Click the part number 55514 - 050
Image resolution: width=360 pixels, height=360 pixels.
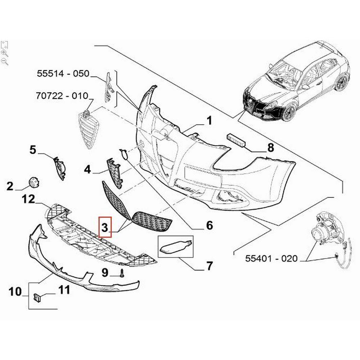[x=63, y=73]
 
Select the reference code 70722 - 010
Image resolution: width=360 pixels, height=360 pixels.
[x=62, y=95]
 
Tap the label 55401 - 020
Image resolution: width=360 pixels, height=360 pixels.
[x=271, y=258]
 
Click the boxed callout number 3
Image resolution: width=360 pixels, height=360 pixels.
[x=105, y=227]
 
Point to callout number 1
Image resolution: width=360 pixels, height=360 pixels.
[x=209, y=121]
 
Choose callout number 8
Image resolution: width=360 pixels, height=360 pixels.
[x=271, y=147]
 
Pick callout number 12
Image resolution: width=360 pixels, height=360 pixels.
[x=29, y=199]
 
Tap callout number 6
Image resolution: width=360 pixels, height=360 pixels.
[x=210, y=225]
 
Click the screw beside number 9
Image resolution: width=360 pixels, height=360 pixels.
[x=122, y=273]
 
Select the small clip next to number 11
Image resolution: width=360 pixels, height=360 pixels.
[x=37, y=298]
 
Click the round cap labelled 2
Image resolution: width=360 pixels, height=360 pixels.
[x=34, y=182]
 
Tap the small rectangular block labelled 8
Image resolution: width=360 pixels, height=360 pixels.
[x=237, y=140]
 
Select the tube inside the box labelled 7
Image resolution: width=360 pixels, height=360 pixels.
[x=175, y=247]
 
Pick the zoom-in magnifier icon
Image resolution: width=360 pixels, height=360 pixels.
[x=5, y=53]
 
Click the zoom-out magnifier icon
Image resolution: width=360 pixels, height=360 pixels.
[x=5, y=62]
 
